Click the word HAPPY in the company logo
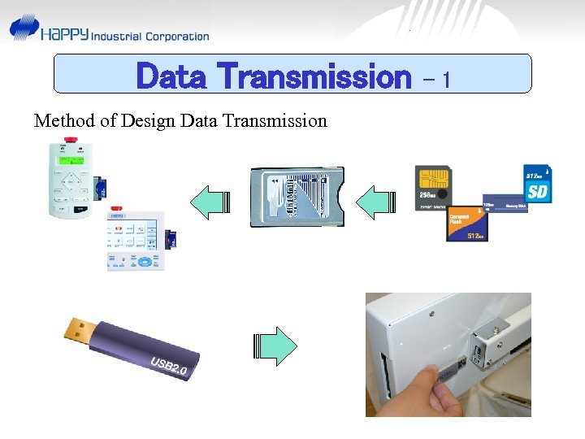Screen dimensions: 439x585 pyautogui.click(x=64, y=35)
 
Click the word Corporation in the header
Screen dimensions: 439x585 pyautogui.click(x=177, y=37)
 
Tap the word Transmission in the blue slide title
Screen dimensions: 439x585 pyautogui.click(x=315, y=77)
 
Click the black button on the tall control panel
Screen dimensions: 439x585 pyautogui.click(x=81, y=209)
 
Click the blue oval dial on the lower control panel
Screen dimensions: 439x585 pyautogui.click(x=145, y=262)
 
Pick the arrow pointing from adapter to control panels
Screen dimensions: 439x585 pyautogui.click(x=210, y=201)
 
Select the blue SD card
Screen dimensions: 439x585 pyautogui.click(x=537, y=185)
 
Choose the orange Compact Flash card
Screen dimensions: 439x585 pyautogui.click(x=466, y=222)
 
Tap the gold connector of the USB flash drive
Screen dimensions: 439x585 pyautogui.click(x=80, y=326)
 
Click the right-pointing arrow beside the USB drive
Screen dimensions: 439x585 pyautogui.click(x=276, y=346)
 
